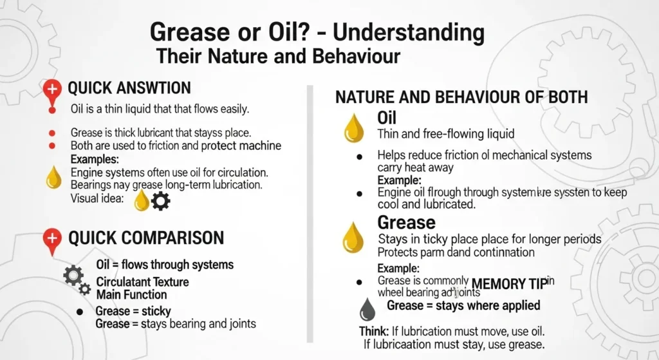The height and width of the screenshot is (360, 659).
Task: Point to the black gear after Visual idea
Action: pyautogui.click(x=160, y=201)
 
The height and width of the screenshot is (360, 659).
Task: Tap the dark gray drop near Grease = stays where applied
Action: pyautogui.click(x=367, y=308)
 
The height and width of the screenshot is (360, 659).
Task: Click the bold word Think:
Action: pyautogui.click(x=373, y=331)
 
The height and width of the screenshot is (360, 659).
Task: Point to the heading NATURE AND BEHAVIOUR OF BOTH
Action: pyautogui.click(x=461, y=97)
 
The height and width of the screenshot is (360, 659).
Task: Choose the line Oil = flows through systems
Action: pyautogui.click(x=164, y=265)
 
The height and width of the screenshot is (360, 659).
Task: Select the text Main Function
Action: pyautogui.click(x=131, y=294)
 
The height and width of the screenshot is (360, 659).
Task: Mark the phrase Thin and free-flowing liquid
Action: pyautogui.click(x=446, y=134)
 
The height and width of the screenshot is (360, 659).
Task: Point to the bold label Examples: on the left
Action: pyautogui.click(x=95, y=159)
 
